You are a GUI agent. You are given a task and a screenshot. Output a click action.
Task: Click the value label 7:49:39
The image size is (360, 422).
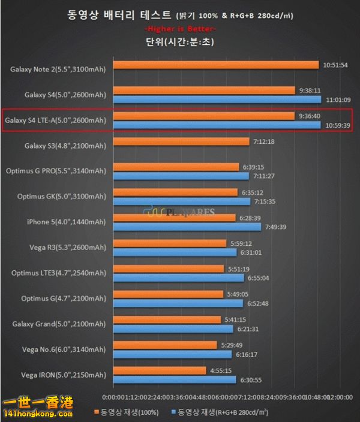(277, 227)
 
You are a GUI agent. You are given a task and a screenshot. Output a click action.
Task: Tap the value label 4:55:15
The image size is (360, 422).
(223, 370)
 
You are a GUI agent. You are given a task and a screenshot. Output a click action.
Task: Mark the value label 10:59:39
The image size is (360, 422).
(337, 125)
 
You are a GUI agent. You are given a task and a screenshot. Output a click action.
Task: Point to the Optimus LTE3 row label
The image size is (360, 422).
(59, 273)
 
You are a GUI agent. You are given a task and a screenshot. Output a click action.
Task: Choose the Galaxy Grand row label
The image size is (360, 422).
(59, 324)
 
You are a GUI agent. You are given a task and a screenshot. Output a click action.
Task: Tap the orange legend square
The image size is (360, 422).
(96, 412)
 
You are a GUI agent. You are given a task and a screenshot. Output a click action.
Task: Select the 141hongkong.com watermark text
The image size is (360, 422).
(37, 414)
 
